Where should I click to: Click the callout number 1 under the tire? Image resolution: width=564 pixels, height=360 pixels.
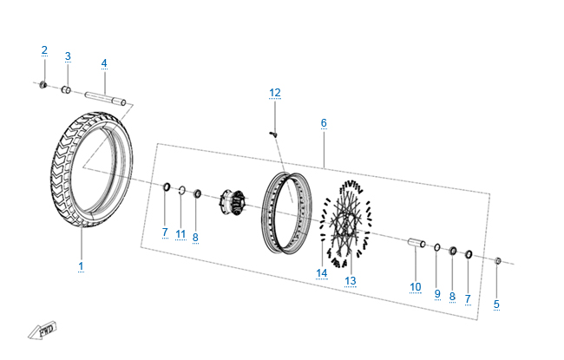pos(81,266)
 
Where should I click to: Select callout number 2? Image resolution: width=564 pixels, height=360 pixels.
pos(44,50)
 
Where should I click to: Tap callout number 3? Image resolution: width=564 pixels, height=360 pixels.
pos(68,56)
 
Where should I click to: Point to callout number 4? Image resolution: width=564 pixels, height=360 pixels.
pos(104,63)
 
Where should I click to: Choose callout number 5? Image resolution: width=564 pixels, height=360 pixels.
pos(496,304)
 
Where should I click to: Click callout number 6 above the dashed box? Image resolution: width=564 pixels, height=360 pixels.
pos(324,123)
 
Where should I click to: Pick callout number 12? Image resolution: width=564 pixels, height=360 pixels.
pos(275,93)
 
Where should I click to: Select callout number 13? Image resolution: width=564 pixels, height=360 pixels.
pos(351,281)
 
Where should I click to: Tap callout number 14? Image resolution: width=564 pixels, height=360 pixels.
pos(322,273)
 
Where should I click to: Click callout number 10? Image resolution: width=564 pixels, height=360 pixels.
pos(416,287)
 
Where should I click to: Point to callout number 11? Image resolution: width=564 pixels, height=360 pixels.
pos(180,234)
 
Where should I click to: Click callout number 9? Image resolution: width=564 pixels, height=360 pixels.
pos(437,294)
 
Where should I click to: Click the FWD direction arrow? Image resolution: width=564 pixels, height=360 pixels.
pos(43,331)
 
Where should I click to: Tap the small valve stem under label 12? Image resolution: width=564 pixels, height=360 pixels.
pos(273,134)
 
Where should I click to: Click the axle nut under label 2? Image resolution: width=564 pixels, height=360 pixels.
pos(43,85)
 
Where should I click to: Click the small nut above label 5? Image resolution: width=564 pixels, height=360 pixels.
pos(498,260)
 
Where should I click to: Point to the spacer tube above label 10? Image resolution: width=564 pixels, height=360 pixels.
pos(416,243)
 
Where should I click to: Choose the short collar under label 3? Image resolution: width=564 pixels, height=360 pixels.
pos(65,89)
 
